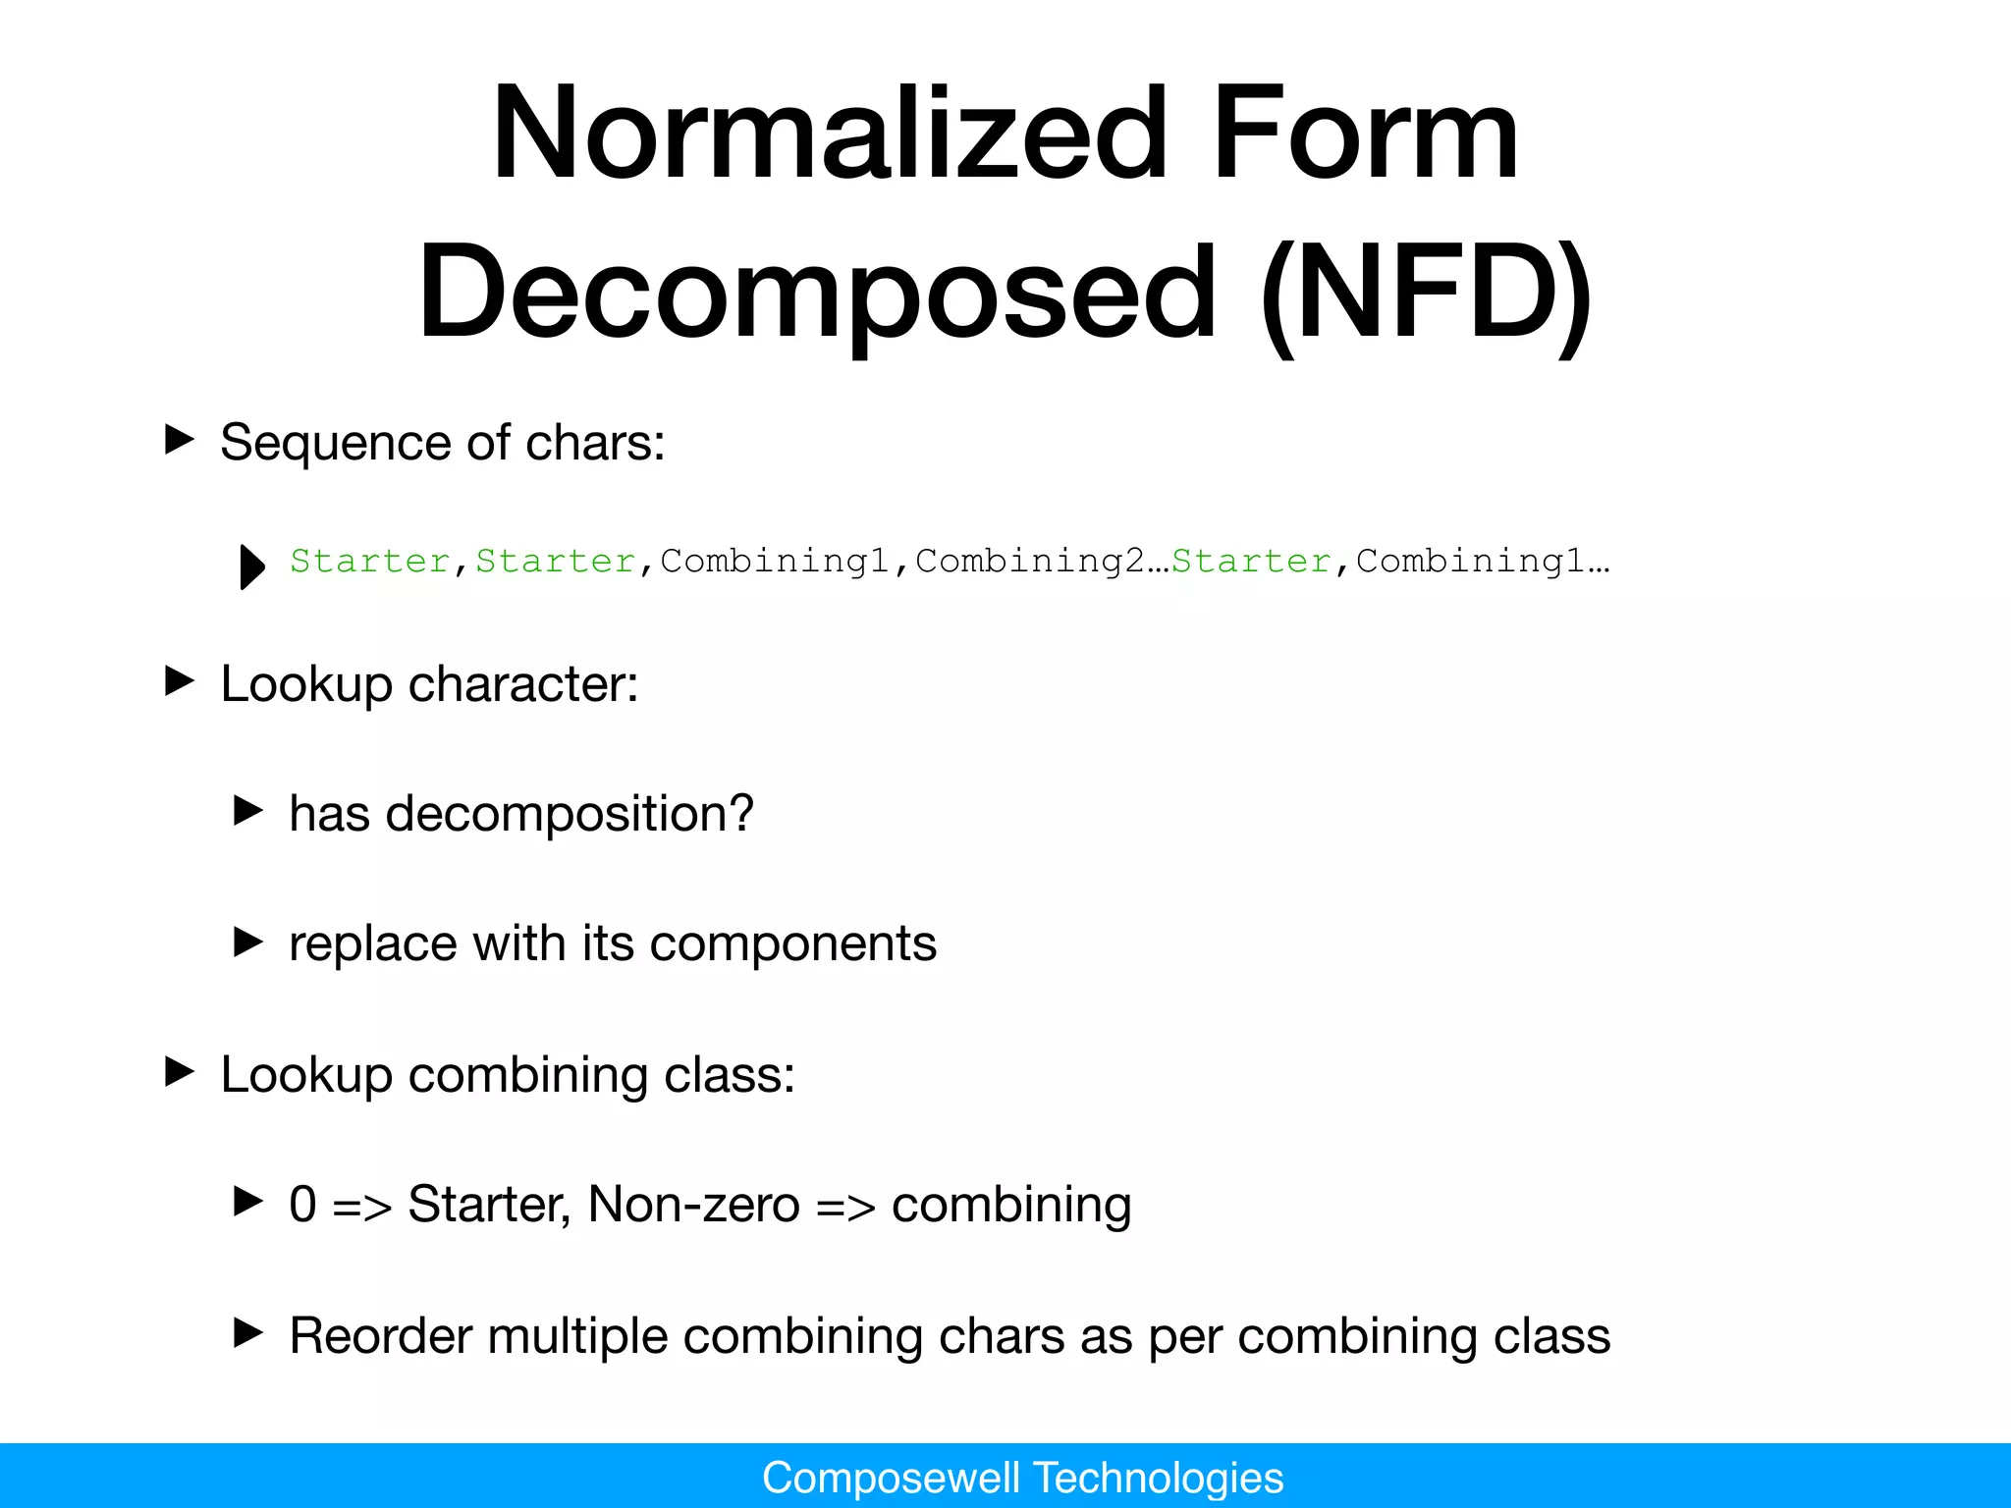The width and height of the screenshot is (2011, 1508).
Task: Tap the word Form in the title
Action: click(x=1366, y=135)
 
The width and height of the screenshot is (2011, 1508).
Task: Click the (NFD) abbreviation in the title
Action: click(x=1426, y=292)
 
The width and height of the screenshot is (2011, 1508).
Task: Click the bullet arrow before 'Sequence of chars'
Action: click(x=179, y=439)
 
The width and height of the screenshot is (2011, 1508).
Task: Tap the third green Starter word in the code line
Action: click(x=1251, y=561)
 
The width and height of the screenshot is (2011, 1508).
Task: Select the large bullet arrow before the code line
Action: click(x=252, y=566)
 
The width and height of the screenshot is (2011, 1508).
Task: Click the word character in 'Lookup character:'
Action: click(x=523, y=684)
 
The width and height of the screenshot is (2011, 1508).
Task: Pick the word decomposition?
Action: click(x=570, y=815)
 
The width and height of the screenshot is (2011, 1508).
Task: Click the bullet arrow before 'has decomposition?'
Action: click(x=248, y=811)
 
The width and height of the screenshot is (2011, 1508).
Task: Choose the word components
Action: click(x=793, y=944)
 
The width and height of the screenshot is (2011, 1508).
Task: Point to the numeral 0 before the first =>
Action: click(x=303, y=1205)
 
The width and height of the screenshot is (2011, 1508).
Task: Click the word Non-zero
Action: click(x=693, y=1205)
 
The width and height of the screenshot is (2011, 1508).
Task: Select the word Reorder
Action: click(x=381, y=1336)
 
